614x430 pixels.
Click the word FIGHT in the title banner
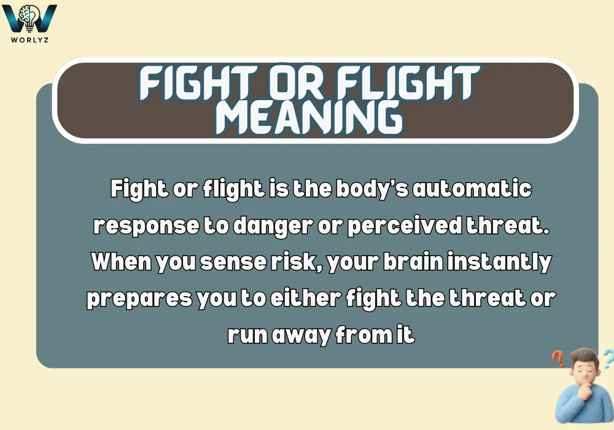coord(198,83)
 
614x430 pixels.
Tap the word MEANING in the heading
coord(309,117)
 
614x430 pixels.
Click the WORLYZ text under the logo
coord(29,39)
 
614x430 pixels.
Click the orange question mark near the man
coord(558,358)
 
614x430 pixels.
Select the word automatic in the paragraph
coord(472,189)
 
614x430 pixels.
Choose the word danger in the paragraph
coord(273,227)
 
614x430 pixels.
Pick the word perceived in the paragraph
coord(405,227)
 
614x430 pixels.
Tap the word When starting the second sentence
coord(122,261)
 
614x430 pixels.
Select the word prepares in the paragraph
coord(139,299)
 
